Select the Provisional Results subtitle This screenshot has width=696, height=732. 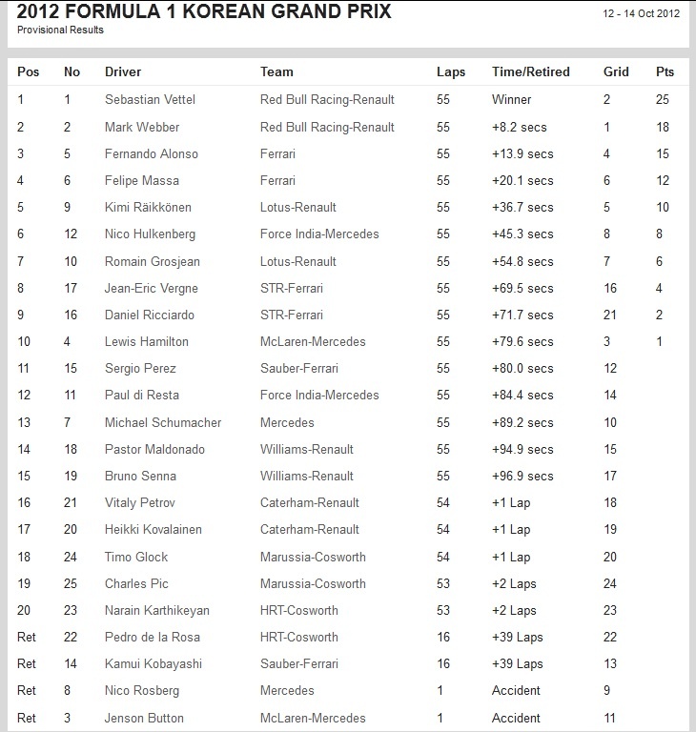pyautogui.click(x=60, y=30)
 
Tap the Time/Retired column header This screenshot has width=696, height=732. pyautogui.click(x=530, y=71)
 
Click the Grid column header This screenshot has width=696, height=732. pyautogui.click(x=616, y=71)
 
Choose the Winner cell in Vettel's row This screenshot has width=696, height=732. pyautogui.click(x=512, y=99)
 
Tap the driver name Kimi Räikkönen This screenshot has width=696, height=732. pyautogui.click(x=149, y=207)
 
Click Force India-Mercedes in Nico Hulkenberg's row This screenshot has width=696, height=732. pyautogui.click(x=319, y=234)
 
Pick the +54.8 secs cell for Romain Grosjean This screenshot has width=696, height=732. pyautogui.click(x=522, y=261)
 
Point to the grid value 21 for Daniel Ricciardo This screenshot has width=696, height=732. pyautogui.click(x=610, y=315)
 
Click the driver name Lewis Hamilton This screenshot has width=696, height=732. pyautogui.click(x=147, y=341)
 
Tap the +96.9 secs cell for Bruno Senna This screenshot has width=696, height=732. pyautogui.click(x=522, y=476)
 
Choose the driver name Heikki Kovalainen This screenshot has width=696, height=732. pyautogui.click(x=153, y=529)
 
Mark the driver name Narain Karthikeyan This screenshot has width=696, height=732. pyautogui.click(x=156, y=610)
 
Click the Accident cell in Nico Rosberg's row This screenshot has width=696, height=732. pyautogui.click(x=516, y=691)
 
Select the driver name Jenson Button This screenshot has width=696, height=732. pyautogui.click(x=144, y=718)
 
